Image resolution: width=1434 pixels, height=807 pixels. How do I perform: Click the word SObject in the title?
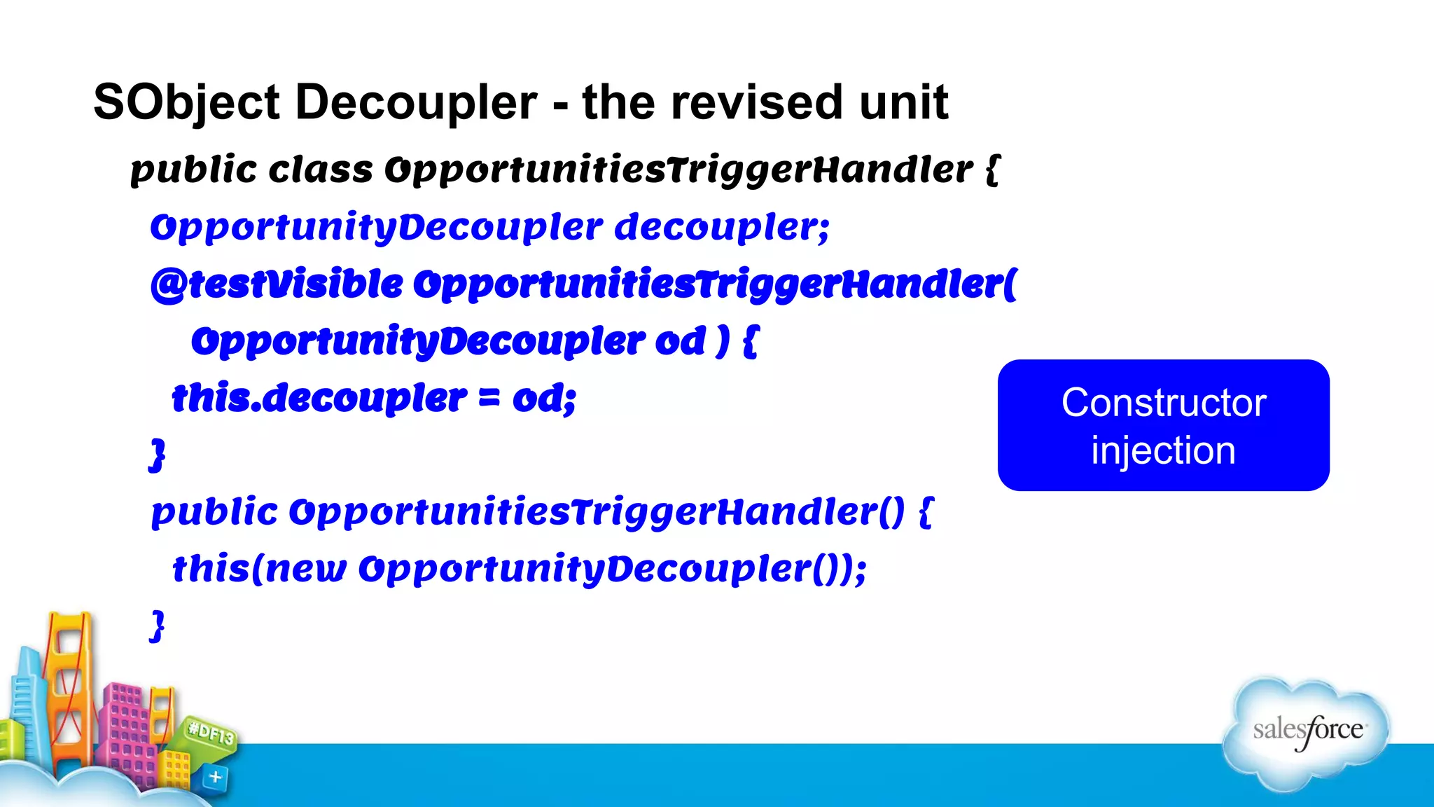point(186,103)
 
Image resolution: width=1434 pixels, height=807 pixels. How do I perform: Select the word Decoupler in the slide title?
point(416,103)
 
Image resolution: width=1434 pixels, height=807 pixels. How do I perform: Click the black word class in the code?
point(321,170)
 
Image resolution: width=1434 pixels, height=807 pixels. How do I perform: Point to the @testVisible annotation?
point(277,284)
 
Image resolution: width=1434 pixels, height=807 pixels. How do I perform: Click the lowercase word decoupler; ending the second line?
point(721,228)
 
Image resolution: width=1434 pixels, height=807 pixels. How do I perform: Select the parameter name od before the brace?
point(680,342)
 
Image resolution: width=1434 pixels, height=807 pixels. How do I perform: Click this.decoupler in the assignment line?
point(319,399)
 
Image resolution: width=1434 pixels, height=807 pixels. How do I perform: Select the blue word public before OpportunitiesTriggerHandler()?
point(214,512)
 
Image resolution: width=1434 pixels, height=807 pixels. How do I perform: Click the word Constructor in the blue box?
point(1163,403)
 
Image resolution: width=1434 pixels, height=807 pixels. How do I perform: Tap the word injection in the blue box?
point(1163,450)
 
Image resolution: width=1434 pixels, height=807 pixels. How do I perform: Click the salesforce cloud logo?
point(1307,732)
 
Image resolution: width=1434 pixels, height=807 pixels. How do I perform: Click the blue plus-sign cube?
point(215,777)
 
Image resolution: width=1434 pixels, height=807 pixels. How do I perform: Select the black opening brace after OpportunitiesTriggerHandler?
point(992,170)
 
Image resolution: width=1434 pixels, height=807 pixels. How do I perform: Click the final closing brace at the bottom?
point(158,626)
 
